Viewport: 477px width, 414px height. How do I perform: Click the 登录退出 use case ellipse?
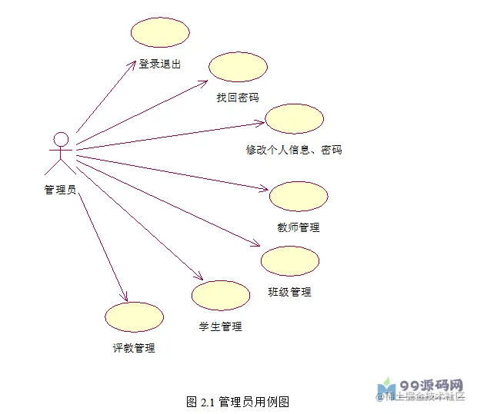coord(160,32)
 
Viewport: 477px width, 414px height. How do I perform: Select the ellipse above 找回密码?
coord(238,68)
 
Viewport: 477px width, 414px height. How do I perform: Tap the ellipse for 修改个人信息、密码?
coord(295,119)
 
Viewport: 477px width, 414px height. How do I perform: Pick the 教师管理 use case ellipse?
coord(299,197)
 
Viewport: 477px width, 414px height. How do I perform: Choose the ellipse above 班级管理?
coord(290,261)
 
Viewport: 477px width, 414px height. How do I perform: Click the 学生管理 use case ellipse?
coord(221,296)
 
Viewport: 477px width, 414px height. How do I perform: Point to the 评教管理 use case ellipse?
coord(134,317)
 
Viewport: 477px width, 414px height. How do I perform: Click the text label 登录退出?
coord(160,65)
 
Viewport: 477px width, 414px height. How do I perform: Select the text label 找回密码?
coord(238,98)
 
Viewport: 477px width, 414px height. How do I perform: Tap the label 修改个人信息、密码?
coord(289,150)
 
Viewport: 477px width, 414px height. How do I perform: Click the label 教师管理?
coord(299,227)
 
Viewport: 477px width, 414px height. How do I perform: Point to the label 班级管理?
coord(289,292)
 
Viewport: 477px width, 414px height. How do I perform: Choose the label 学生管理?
coord(221,326)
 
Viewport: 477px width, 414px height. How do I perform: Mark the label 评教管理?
coord(134,348)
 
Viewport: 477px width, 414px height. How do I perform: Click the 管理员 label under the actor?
coord(59,190)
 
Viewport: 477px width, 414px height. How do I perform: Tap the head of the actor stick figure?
coord(61,140)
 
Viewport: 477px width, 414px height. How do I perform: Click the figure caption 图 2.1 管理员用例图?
coord(238,402)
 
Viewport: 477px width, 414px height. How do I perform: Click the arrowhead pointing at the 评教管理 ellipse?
coord(125,298)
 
